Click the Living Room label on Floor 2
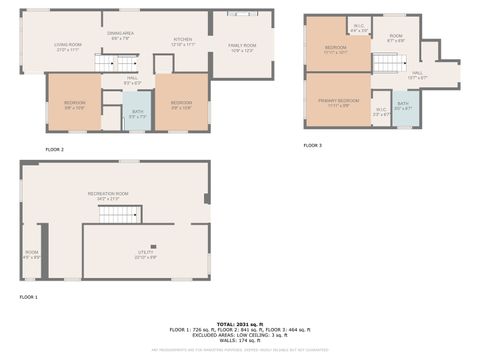(68, 46)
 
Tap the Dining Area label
(121, 36)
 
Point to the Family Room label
(242, 47)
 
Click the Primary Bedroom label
(338, 103)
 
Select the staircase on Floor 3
(386, 63)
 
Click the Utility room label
(146, 256)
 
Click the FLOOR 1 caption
(28, 297)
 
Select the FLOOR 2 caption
(54, 149)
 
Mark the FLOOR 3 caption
(313, 145)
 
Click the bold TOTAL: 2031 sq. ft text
(239, 323)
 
